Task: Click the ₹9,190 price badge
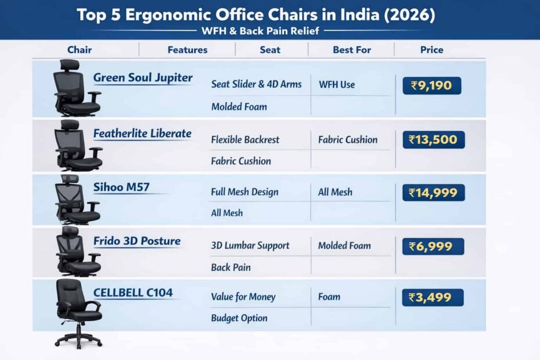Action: click(431, 86)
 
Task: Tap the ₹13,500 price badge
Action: click(433, 139)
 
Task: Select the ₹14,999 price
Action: click(433, 193)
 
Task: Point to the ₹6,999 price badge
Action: click(433, 246)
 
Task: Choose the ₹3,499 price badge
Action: click(433, 297)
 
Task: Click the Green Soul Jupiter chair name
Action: click(143, 78)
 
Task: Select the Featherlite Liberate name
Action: click(142, 134)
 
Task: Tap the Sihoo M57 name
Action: click(117, 187)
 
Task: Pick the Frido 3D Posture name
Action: click(137, 241)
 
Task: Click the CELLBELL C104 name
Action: click(133, 293)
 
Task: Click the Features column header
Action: click(188, 50)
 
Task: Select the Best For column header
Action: click(352, 50)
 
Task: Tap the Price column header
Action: click(432, 50)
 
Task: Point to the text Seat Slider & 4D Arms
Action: click(257, 84)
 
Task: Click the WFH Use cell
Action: click(337, 85)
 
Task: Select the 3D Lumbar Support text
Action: click(250, 246)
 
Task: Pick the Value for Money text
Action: click(243, 297)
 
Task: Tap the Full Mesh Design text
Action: click(244, 192)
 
